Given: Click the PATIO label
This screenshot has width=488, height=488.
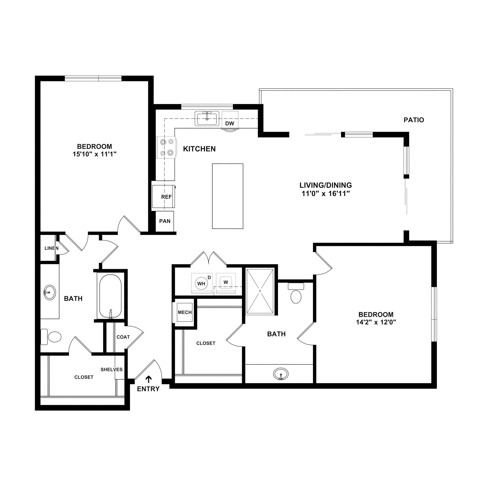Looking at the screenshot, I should click(414, 120).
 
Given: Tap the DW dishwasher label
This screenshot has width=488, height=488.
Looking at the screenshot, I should click(229, 123).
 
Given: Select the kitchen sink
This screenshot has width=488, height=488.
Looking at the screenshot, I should click(207, 119).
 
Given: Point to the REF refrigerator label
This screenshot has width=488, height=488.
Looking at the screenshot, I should click(166, 197).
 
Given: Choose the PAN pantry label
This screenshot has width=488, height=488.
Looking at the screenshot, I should click(165, 221).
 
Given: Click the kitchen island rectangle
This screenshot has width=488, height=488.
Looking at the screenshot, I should click(227, 196).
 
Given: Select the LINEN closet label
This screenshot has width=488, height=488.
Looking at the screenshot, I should click(51, 248).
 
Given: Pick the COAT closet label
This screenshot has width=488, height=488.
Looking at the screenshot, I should click(123, 337).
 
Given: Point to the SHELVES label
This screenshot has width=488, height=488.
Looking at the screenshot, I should click(112, 369).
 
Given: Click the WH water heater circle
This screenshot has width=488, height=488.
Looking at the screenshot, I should click(201, 283).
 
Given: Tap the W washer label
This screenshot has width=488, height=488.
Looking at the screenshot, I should click(226, 282).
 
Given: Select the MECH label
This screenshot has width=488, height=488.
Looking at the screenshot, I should click(185, 312).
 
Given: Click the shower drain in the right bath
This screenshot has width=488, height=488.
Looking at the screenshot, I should click(260, 291).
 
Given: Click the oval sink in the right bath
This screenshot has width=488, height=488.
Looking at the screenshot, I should click(281, 373).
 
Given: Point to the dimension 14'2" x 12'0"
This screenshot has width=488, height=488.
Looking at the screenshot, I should click(376, 322).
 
